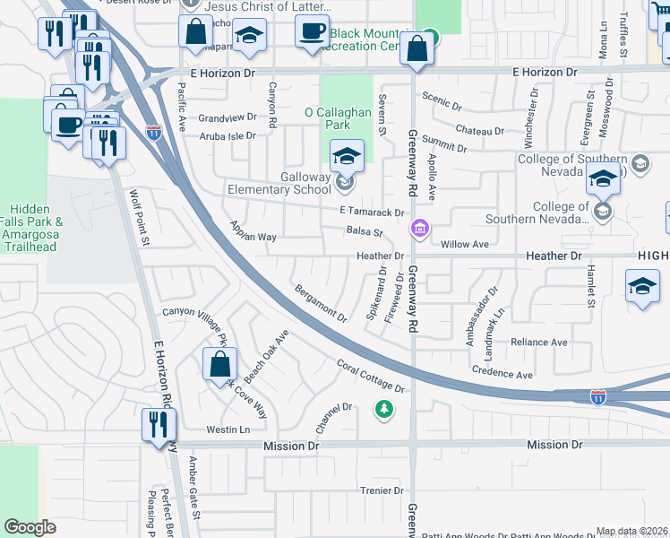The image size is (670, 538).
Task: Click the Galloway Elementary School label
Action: click(293, 184)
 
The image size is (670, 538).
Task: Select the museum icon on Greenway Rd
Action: click(418, 230)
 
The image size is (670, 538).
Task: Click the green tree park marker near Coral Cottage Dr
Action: click(384, 410)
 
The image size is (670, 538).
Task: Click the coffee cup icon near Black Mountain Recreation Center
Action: click(313, 31)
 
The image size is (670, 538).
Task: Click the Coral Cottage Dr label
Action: click(371, 377)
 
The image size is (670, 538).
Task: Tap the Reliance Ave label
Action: click(538, 343)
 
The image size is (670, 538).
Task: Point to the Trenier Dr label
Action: click(382, 490)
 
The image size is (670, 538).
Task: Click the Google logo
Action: click(30, 527)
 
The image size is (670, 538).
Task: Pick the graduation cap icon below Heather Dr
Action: click(642, 288)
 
